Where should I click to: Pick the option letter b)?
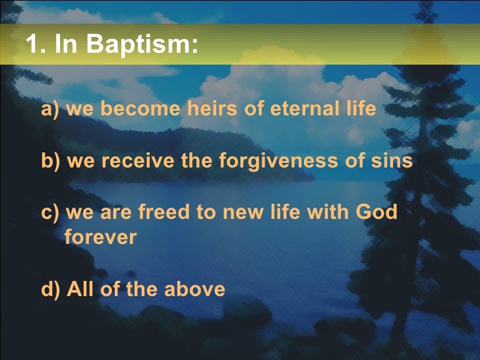pos(51,161)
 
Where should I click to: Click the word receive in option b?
pos(140,161)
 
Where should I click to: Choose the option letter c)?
pos(51,212)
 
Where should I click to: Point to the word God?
pos(376,212)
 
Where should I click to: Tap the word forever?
pos(100,237)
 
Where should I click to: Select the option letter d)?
pos(51,289)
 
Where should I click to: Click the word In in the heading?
pos(66,44)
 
